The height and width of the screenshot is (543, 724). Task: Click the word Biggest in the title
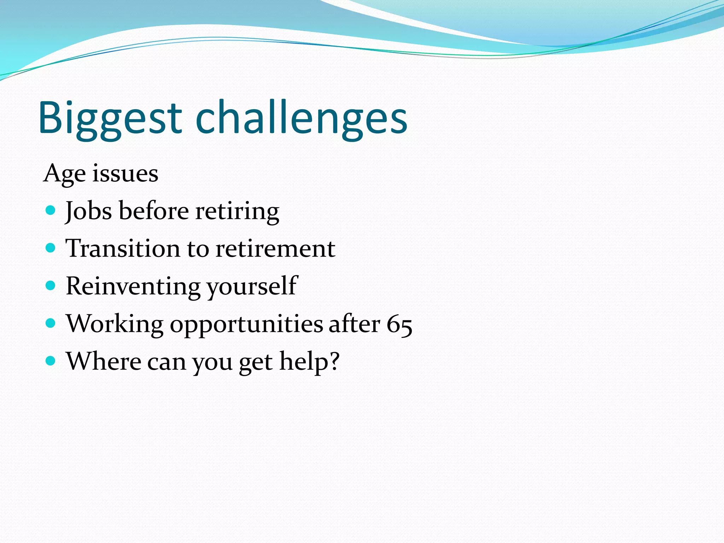[110, 118]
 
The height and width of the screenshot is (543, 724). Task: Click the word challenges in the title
[301, 118]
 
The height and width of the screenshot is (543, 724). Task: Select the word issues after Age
[125, 174]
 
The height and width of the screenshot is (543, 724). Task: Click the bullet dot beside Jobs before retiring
[51, 211]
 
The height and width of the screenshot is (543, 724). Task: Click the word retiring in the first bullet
[237, 211]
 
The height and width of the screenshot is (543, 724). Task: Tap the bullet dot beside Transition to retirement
[51, 248]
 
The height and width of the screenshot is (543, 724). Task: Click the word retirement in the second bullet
[275, 249]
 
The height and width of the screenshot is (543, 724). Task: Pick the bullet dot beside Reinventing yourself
[51, 285]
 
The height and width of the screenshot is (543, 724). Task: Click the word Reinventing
[133, 286]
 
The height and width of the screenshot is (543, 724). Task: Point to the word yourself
[252, 286]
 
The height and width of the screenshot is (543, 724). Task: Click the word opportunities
[246, 324]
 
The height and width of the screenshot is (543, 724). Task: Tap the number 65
[399, 324]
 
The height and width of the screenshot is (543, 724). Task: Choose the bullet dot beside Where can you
[51, 361]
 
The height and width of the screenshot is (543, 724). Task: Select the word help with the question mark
[309, 361]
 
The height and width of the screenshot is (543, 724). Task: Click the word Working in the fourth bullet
[115, 324]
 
